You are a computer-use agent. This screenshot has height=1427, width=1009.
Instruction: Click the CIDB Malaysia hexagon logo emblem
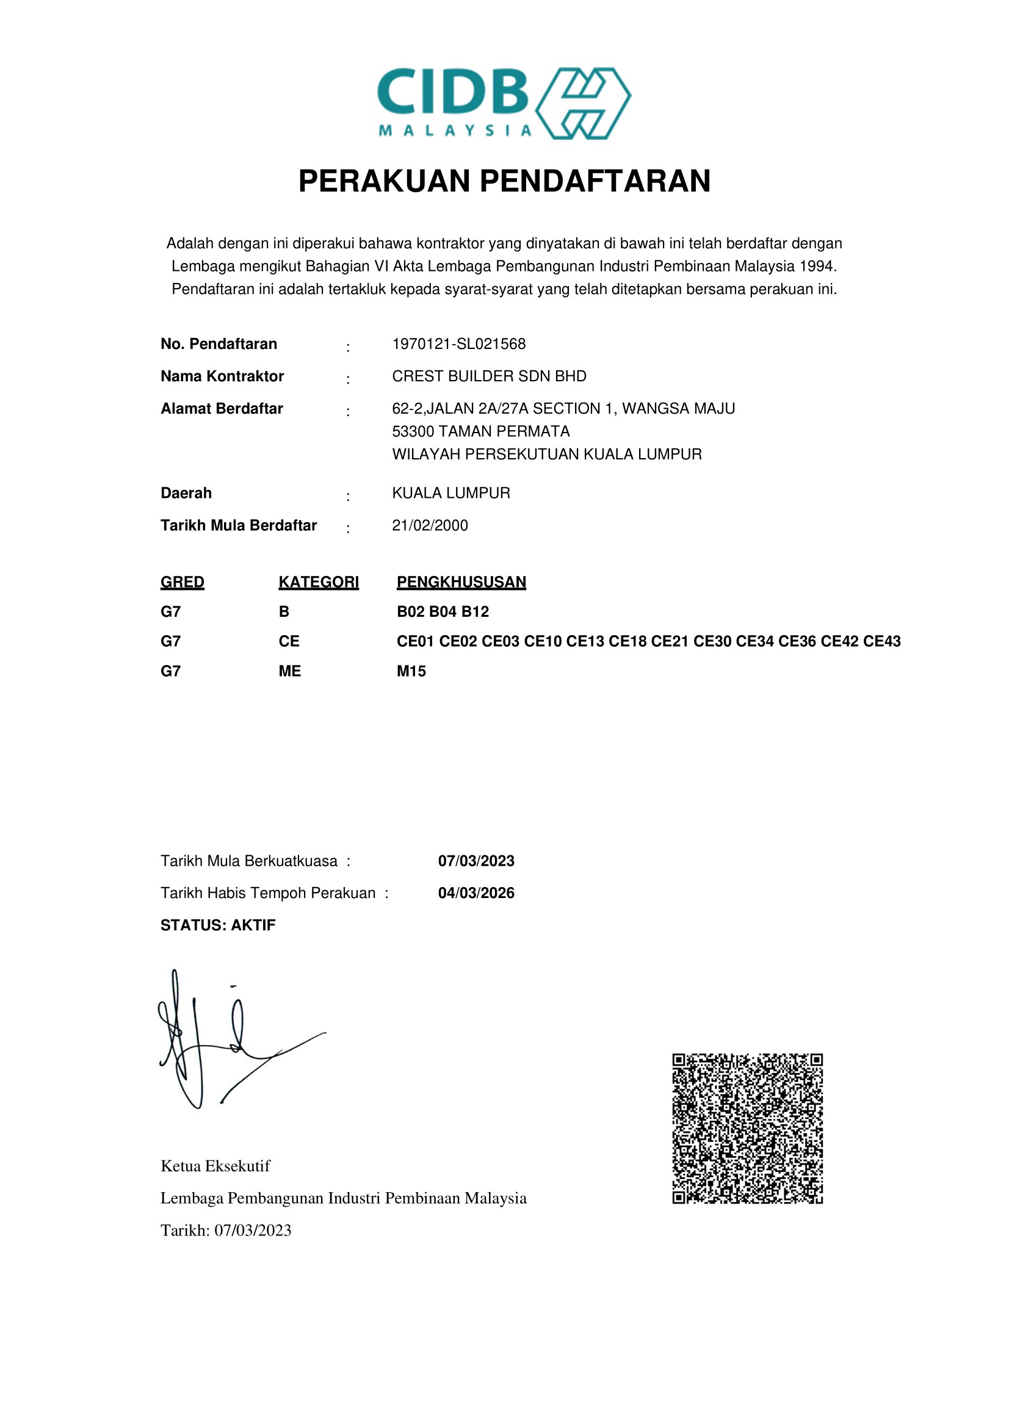point(582,103)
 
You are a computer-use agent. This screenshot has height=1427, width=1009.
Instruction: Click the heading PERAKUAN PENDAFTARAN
point(504,181)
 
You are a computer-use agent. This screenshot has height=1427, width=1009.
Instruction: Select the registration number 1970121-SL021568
point(459,344)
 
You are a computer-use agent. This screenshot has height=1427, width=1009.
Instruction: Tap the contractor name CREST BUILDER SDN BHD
point(490,376)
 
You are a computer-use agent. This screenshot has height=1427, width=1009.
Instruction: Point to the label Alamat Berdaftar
point(222,409)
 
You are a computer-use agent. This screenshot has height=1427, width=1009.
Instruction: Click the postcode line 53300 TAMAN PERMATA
point(480,431)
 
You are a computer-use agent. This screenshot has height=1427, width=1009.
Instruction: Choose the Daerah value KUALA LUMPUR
point(450,494)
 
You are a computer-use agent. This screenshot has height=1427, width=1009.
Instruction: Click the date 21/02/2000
point(430,526)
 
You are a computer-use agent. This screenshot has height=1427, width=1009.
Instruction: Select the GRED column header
point(182,583)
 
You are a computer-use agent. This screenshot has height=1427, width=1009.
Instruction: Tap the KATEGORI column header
point(318,583)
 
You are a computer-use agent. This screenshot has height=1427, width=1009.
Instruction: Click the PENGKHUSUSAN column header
point(461,583)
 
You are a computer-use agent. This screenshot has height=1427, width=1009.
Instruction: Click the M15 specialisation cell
point(411,671)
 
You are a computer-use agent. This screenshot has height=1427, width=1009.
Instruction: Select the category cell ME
point(290,671)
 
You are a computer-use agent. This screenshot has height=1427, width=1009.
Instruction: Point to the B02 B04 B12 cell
point(443,612)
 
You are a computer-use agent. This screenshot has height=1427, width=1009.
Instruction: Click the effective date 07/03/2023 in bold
point(476,861)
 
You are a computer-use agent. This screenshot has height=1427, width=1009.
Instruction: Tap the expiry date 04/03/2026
point(476,893)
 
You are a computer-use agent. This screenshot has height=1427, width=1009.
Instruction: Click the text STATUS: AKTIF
point(217,926)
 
